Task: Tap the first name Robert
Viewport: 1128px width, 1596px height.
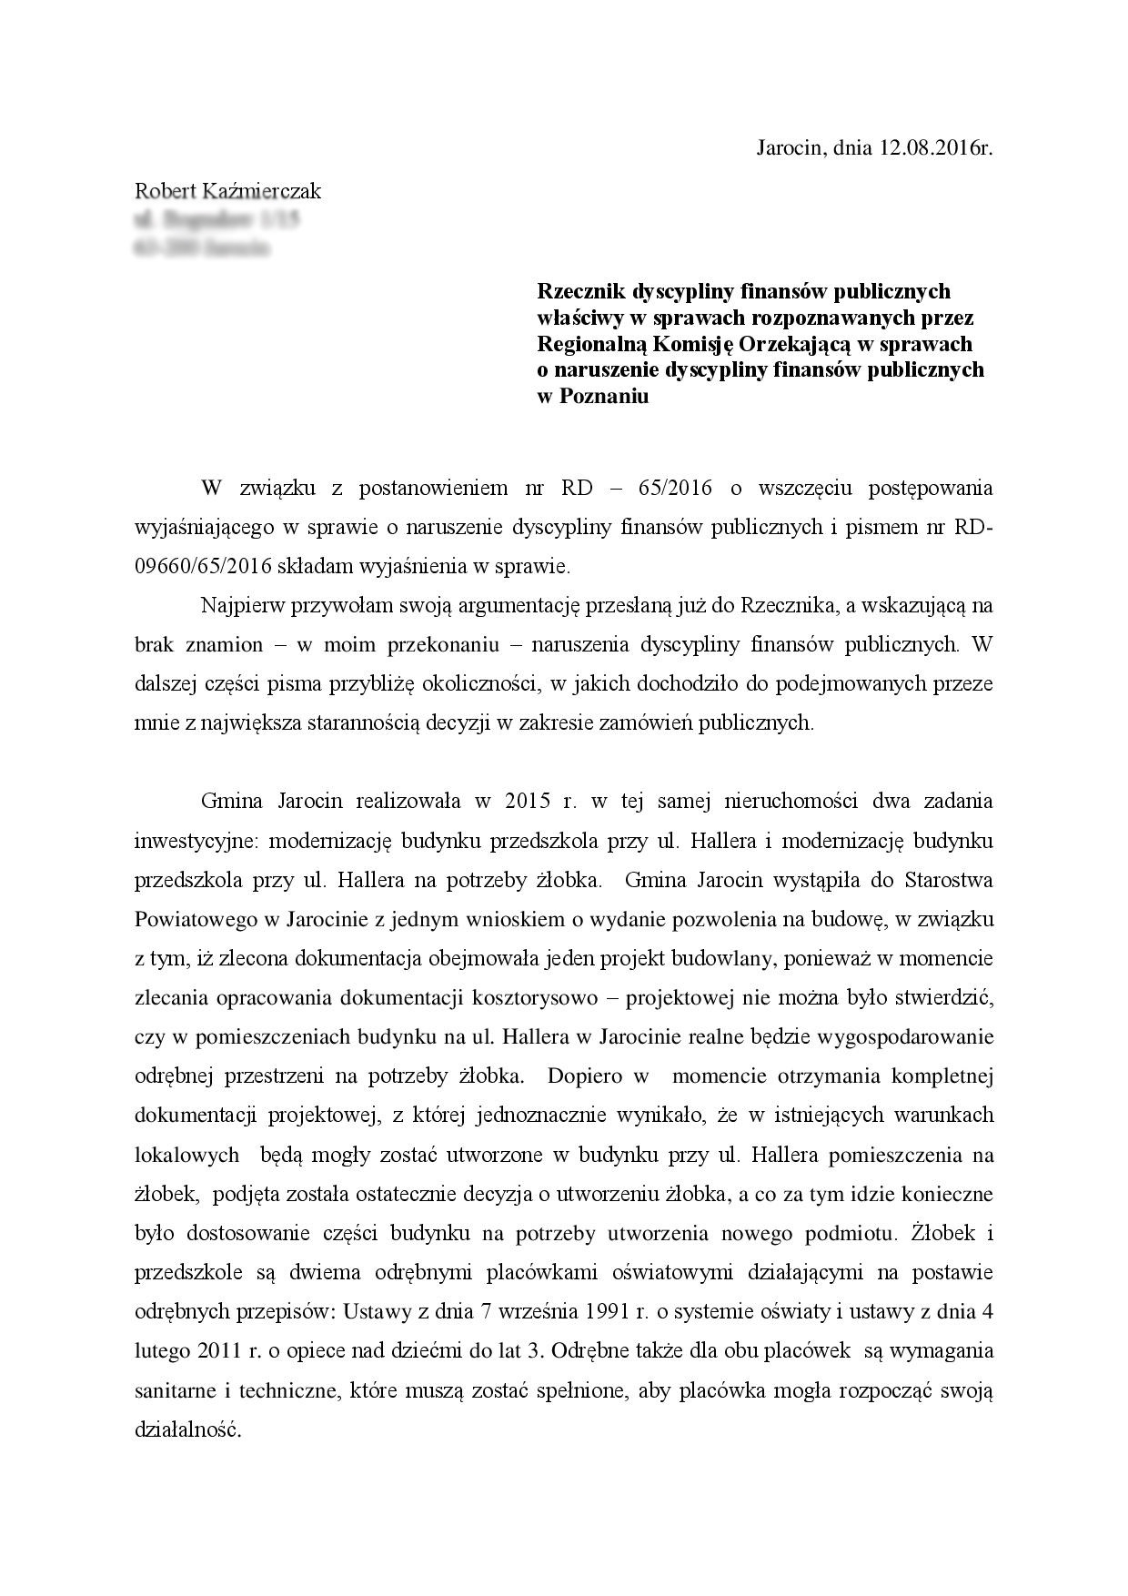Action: coord(166,191)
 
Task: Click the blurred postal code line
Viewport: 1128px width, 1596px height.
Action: coord(201,247)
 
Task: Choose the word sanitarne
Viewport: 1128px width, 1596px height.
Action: coord(173,1390)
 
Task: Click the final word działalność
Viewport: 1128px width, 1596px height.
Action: coord(188,1429)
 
